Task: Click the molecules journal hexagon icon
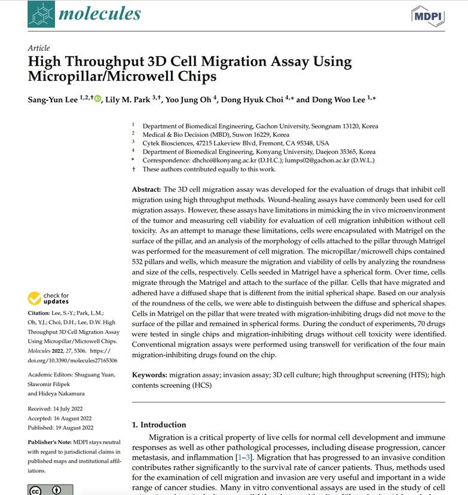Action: pos(40,14)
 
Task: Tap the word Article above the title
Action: pos(39,48)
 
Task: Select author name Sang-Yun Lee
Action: pos(53,100)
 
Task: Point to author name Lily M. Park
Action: pos(128,100)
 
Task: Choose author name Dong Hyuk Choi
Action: pos(252,100)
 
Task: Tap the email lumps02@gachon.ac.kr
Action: pos(329,160)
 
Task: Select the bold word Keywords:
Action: pos(149,375)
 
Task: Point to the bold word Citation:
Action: pos(42,313)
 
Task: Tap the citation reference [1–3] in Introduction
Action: pos(244,457)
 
